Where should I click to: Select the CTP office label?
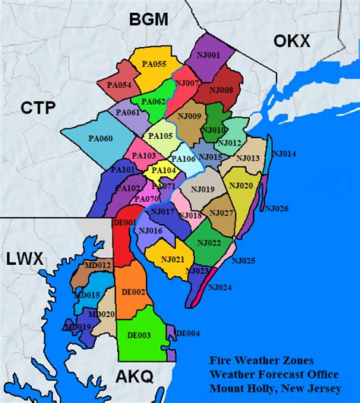(38, 108)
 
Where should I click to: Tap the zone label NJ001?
(209, 55)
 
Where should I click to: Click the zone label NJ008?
(222, 90)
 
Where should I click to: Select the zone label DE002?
(134, 291)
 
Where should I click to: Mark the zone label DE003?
(138, 334)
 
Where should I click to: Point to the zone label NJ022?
(209, 243)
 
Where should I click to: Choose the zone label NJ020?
(240, 186)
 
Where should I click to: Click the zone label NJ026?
(276, 208)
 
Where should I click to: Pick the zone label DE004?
(188, 333)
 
